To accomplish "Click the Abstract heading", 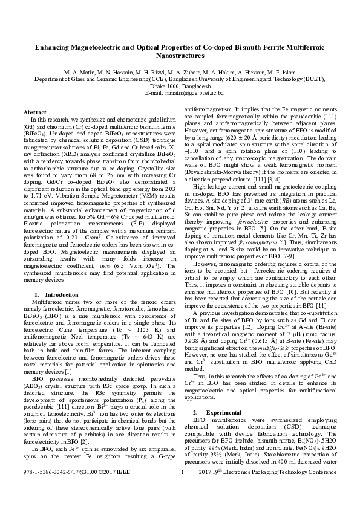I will [x=34, y=112].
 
